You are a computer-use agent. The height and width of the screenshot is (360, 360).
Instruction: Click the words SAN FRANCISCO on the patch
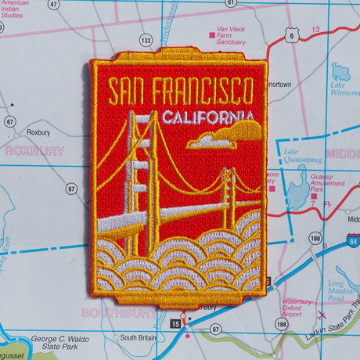[180, 92]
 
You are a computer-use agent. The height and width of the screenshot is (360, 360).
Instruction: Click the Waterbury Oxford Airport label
[297, 308]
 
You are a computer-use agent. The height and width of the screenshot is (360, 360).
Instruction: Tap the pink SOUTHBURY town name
[107, 312]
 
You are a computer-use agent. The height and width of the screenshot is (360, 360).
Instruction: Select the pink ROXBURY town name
[33, 151]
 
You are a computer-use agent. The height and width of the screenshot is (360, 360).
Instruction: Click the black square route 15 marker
[174, 322]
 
